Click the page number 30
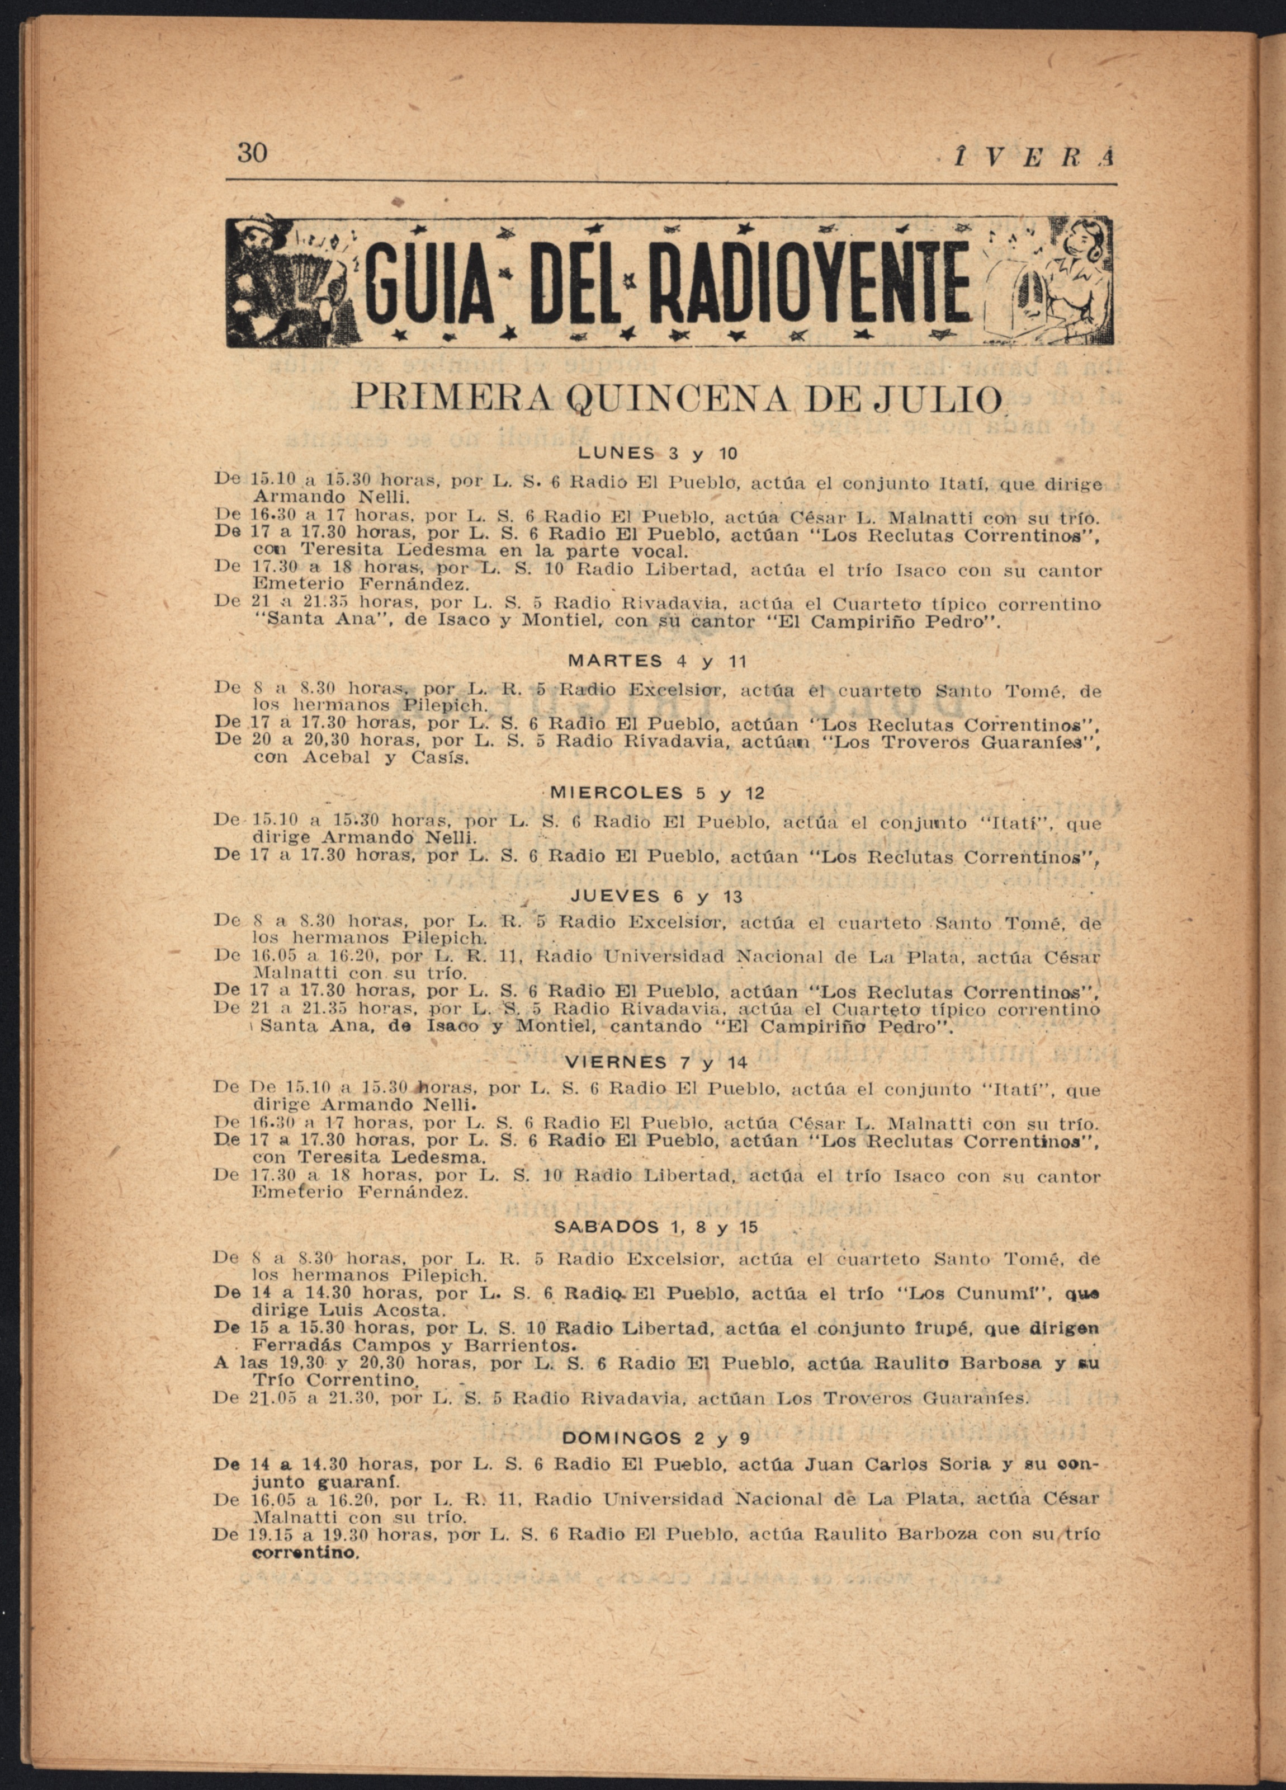(253, 152)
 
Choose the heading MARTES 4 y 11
(656, 661)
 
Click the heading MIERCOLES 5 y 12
(656, 793)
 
